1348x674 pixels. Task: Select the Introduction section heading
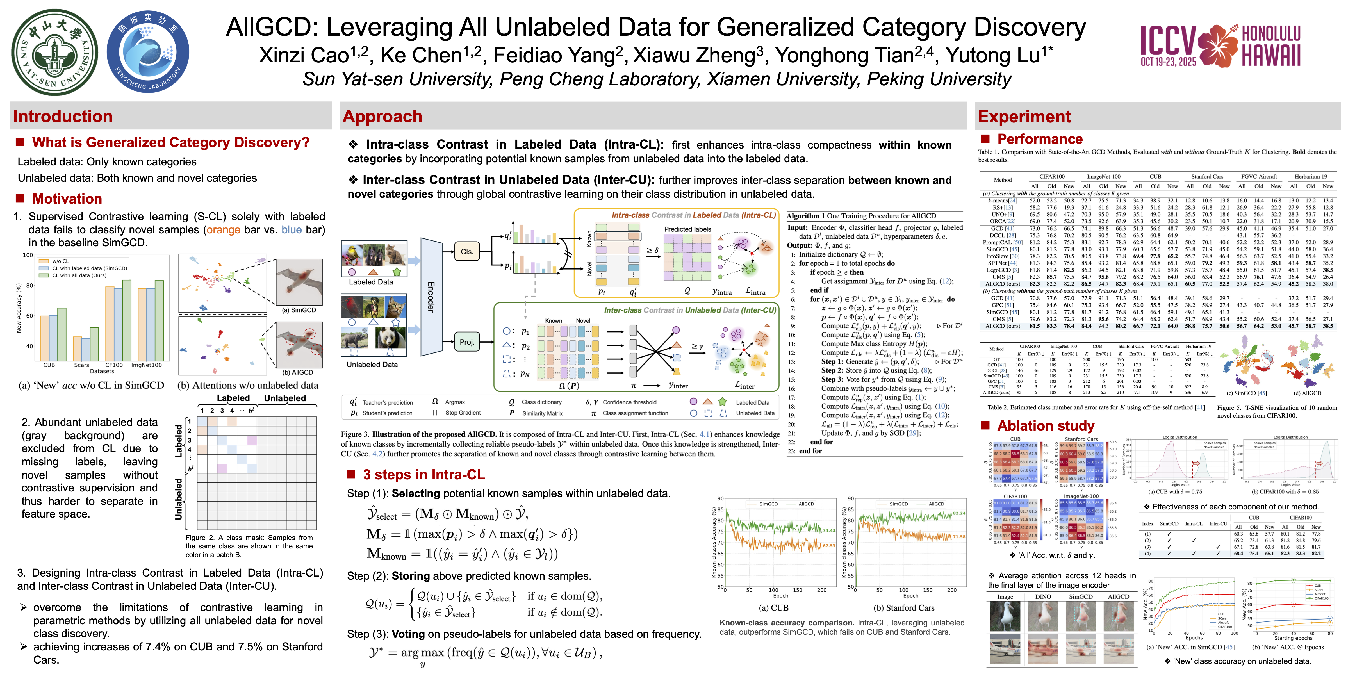(63, 116)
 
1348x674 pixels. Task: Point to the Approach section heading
(382, 116)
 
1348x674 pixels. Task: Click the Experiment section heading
(1024, 116)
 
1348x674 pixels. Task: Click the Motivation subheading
(67, 199)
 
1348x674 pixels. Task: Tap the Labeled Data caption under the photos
(370, 282)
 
